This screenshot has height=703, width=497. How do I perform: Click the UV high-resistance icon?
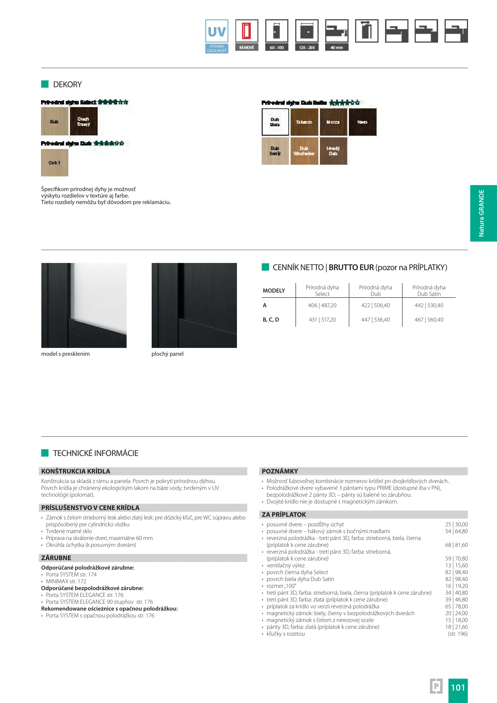coord(217,36)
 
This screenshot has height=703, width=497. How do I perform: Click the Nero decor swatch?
coord(363,122)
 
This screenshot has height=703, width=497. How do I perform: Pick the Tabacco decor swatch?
coord(304,122)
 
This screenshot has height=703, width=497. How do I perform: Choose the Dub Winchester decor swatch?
coord(304,151)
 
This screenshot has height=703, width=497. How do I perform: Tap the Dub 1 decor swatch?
coord(55,163)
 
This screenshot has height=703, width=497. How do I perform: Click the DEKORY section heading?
coord(67,85)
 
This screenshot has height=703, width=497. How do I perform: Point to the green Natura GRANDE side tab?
coord(483,213)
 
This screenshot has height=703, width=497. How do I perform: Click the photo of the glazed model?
coord(84,305)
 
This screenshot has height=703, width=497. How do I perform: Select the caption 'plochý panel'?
coord(167,354)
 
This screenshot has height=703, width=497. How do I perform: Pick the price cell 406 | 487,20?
coord(322,305)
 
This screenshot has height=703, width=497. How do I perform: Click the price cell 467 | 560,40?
coord(429,320)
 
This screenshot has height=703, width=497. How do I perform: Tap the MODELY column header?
coord(274,291)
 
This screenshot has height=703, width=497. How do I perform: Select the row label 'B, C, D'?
coord(271,320)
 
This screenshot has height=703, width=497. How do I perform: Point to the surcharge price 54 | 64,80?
coord(456,531)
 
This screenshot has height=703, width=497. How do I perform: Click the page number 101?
coord(458,687)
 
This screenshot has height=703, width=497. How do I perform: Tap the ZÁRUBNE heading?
coord(56,558)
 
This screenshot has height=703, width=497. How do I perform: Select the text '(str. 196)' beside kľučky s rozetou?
coord(457,634)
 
